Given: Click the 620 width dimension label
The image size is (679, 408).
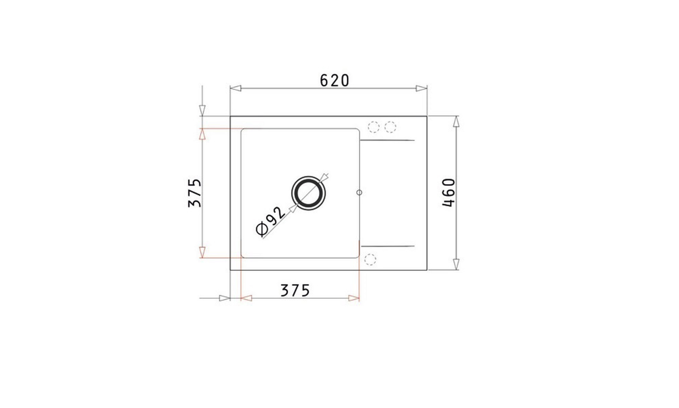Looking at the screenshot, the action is click(334, 81).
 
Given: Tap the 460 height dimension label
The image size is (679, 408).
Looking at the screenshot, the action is click(448, 192).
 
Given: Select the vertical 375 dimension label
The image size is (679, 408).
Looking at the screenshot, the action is click(195, 193).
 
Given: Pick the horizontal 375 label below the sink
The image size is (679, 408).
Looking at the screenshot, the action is click(295, 290).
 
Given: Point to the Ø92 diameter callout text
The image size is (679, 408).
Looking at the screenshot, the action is click(271, 221).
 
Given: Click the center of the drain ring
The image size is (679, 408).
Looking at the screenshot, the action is click(308, 193).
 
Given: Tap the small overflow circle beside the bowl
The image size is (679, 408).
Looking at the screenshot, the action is click(359, 192).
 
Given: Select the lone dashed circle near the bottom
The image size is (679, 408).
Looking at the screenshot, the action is click(370, 259).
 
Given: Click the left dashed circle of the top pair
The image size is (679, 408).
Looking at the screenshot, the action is click(373, 127).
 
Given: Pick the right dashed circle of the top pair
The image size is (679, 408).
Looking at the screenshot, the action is click(390, 127).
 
